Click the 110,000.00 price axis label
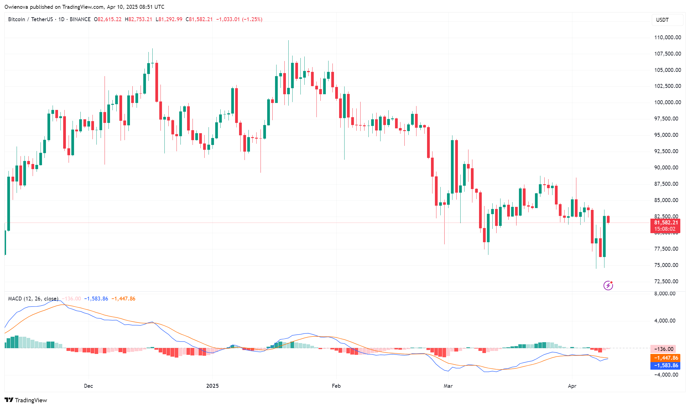point(667,37)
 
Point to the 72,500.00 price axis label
point(666,281)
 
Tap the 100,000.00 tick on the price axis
point(667,102)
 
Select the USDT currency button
point(667,20)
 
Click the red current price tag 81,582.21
point(666,223)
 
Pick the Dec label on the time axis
point(88,386)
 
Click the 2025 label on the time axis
point(212,386)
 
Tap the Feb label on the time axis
point(336,386)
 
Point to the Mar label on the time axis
point(448,386)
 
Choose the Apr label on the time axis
point(572,386)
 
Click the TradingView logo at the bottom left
point(26,400)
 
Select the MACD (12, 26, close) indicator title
point(33,299)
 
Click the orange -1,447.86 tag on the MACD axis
point(666,358)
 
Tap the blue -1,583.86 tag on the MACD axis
point(666,365)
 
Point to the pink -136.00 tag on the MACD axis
point(663,349)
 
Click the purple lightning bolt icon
point(608,285)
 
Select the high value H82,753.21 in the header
point(138,19)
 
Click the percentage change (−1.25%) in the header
point(252,19)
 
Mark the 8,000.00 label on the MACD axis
point(665,294)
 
